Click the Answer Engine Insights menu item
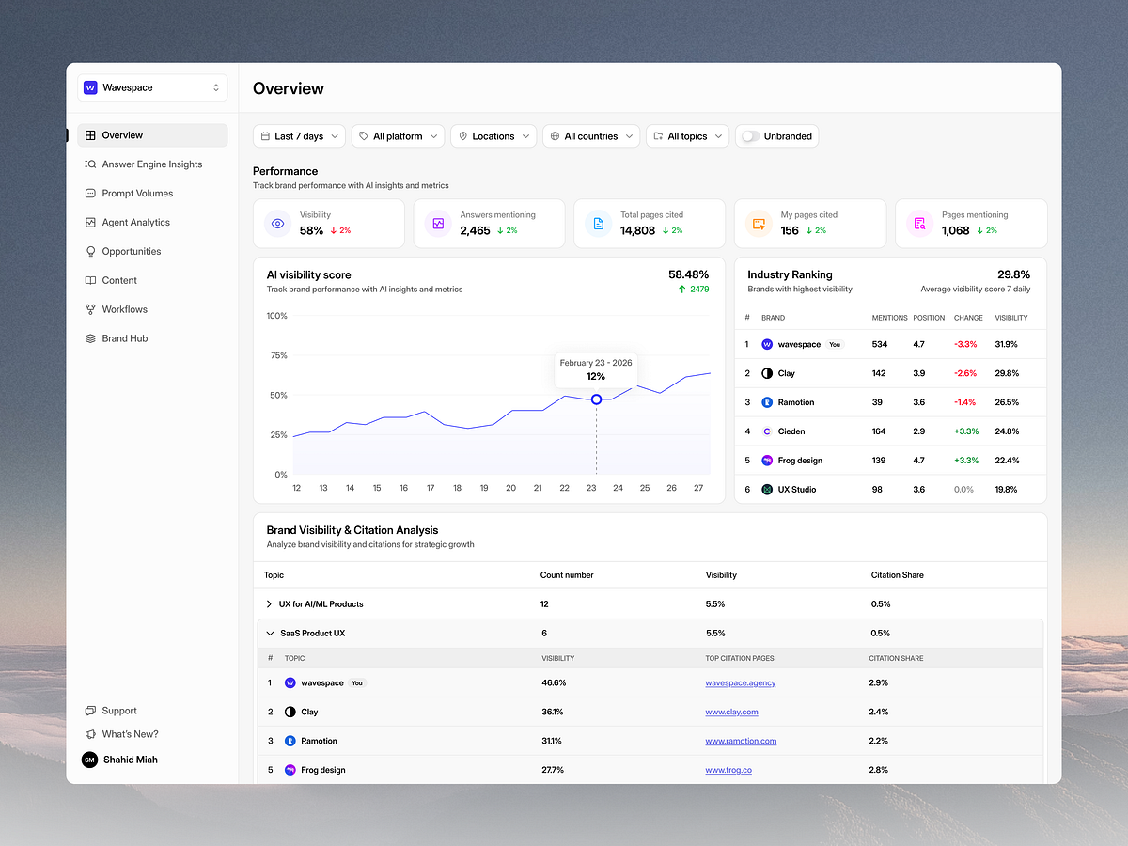(x=151, y=164)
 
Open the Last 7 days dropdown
(x=299, y=136)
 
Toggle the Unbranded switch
(x=750, y=136)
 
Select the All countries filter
(x=591, y=136)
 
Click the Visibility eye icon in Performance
(x=277, y=224)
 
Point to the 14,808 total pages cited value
(x=638, y=230)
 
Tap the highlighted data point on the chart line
(x=596, y=399)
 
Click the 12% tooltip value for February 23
(x=596, y=376)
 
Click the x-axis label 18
(x=458, y=488)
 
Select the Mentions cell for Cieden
(x=879, y=431)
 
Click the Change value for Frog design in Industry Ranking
(x=966, y=461)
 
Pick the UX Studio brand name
(x=796, y=490)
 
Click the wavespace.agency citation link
(x=740, y=683)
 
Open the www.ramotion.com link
(x=741, y=741)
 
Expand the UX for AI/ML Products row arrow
(x=270, y=604)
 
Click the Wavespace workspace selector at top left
(x=152, y=87)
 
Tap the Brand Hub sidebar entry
(x=125, y=338)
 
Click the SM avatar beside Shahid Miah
(x=89, y=760)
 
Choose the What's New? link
(x=130, y=734)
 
